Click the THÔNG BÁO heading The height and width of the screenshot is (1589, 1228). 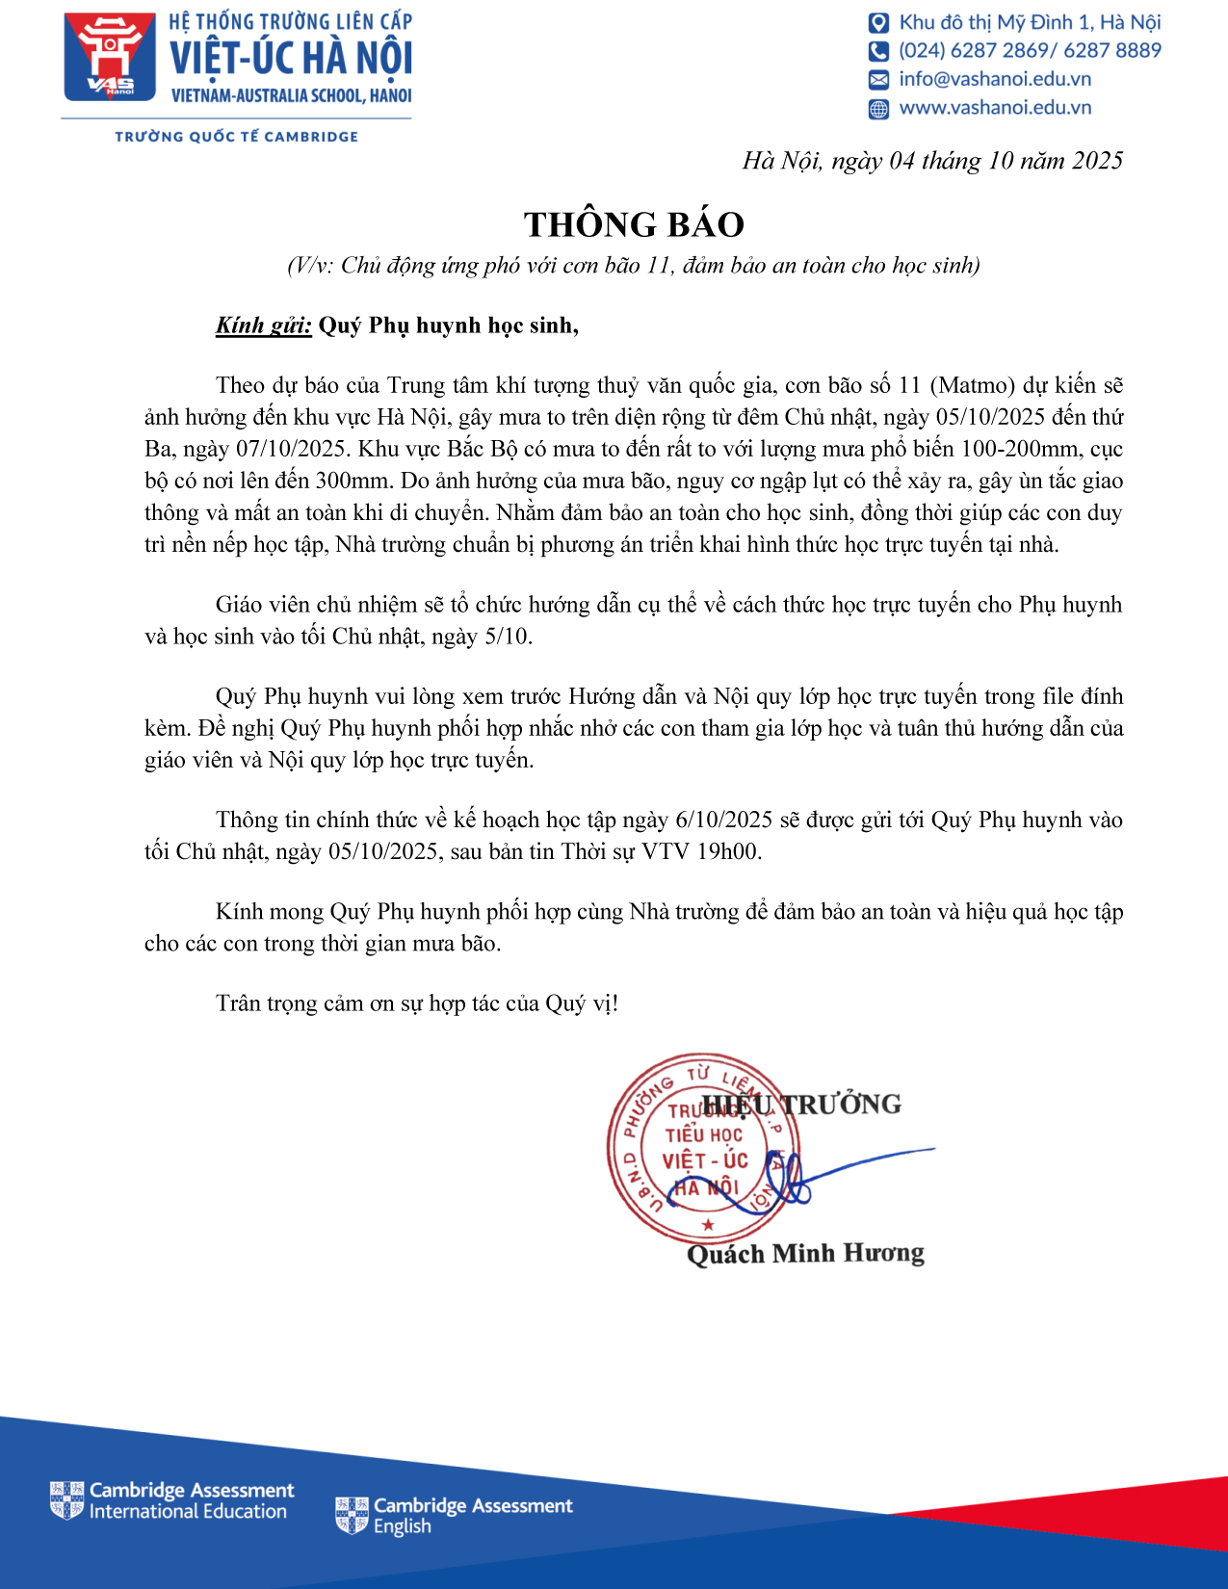click(634, 224)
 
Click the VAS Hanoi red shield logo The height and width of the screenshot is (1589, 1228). click(110, 57)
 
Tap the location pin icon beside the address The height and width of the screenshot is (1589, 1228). click(878, 23)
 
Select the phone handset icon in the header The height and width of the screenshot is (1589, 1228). click(878, 51)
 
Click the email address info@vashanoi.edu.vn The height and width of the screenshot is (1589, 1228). click(995, 79)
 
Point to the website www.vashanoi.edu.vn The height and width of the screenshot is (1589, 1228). click(995, 108)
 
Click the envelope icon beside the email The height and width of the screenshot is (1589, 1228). click(878, 79)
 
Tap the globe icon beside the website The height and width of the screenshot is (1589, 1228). click(878, 109)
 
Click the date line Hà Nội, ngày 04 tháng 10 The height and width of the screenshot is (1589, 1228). click(932, 161)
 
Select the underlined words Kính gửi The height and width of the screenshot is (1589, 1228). click(263, 326)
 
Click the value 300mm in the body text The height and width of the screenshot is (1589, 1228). click(353, 482)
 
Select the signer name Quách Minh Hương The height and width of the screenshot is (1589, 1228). click(805, 1254)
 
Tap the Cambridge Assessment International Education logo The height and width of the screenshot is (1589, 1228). click(172, 1500)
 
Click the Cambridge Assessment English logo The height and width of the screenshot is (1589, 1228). click(454, 1516)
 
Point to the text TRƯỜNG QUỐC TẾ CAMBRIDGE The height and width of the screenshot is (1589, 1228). click(237, 137)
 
